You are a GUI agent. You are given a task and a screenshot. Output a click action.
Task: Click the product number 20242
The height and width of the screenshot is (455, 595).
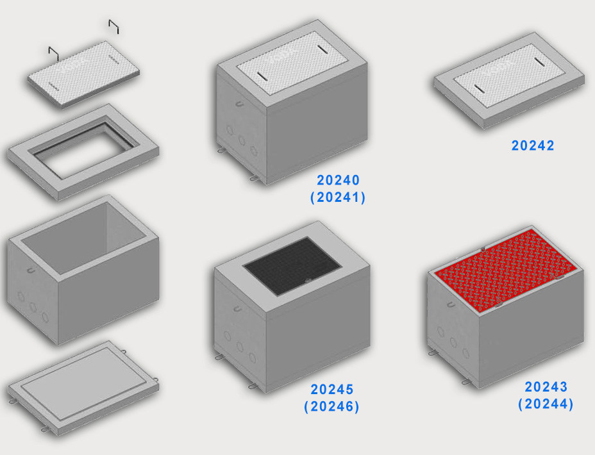pyautogui.click(x=532, y=145)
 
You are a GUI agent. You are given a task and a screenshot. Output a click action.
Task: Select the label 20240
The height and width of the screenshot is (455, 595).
pyautogui.click(x=338, y=180)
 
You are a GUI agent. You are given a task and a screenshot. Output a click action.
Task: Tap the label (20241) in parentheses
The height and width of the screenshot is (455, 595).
pyautogui.click(x=338, y=197)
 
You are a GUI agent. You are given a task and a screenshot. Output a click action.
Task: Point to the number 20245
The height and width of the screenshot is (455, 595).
pyautogui.click(x=332, y=390)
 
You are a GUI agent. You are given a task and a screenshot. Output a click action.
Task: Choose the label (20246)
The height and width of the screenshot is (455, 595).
pyautogui.click(x=331, y=406)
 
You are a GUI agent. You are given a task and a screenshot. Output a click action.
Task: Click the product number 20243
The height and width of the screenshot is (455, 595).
pyautogui.click(x=546, y=387)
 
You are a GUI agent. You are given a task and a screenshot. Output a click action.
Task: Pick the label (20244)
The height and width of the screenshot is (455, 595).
pyautogui.click(x=546, y=404)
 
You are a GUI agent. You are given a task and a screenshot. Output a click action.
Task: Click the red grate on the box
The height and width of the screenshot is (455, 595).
pyautogui.click(x=505, y=270)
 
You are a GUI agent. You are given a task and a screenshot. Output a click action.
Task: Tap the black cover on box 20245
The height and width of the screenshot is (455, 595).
pyautogui.click(x=292, y=266)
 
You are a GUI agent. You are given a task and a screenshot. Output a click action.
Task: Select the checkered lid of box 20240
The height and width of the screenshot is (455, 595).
pyautogui.click(x=292, y=63)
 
